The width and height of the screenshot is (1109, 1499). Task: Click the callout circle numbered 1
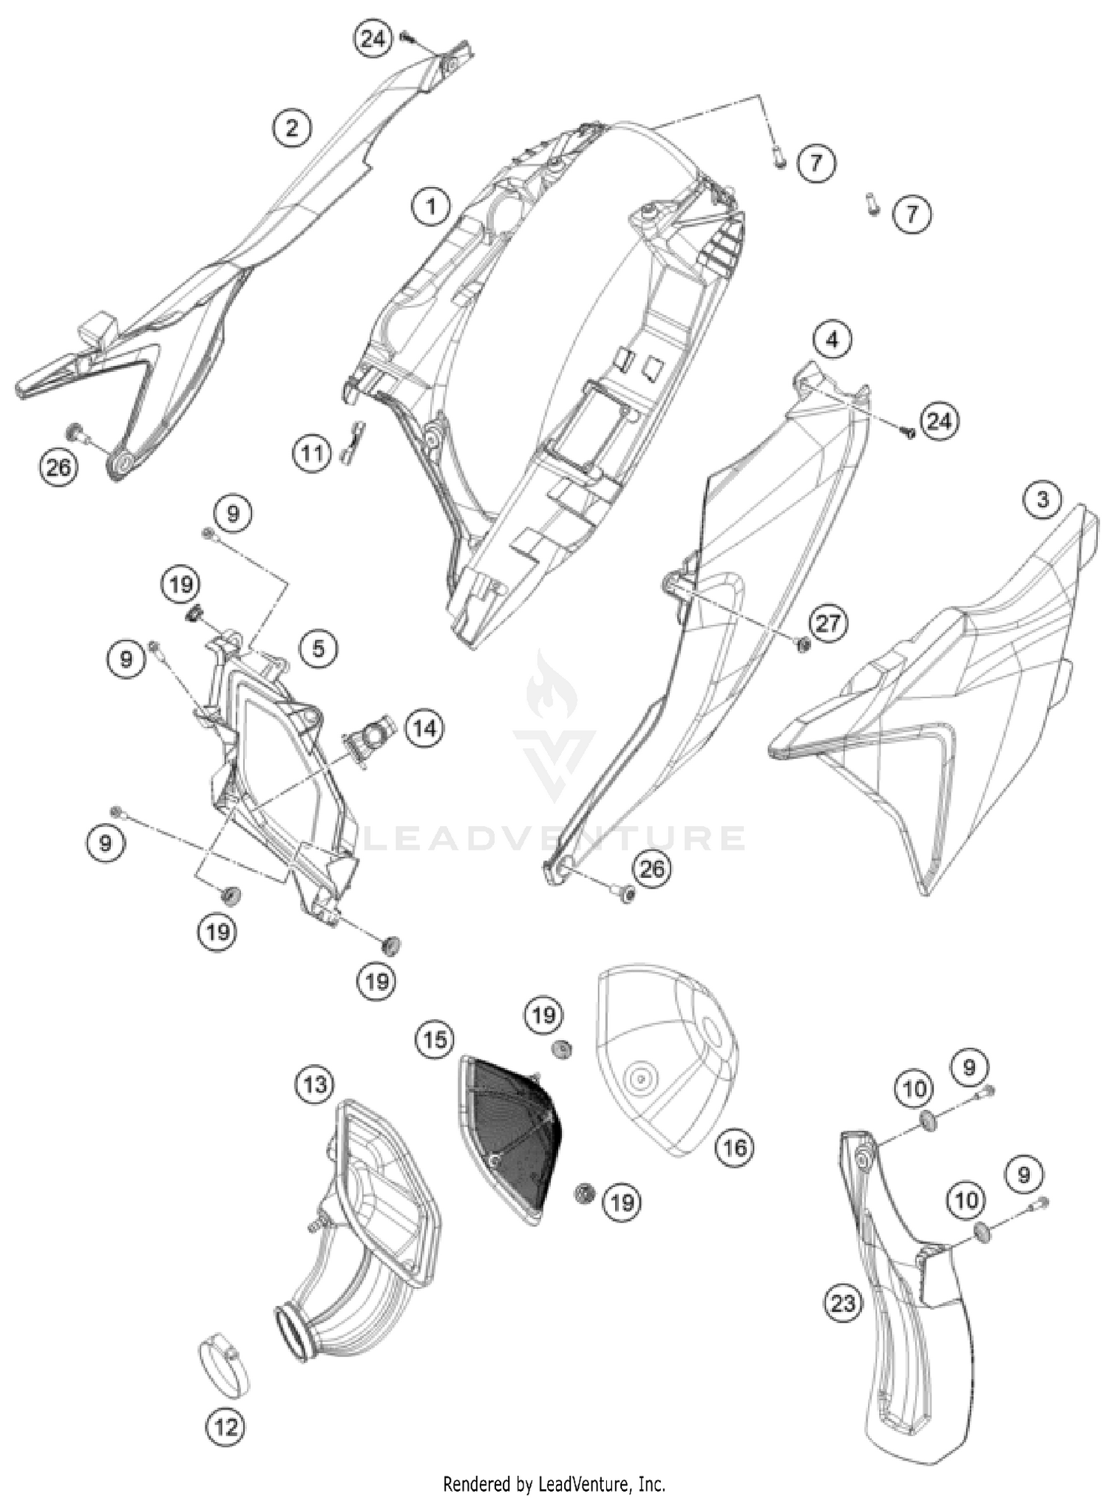coord(430,206)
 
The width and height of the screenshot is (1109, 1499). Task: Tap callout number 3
coord(1042,499)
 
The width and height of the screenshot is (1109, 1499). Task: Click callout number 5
coord(318,649)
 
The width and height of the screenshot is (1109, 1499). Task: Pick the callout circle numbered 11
coord(312,453)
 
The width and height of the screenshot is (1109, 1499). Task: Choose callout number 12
coord(225,1426)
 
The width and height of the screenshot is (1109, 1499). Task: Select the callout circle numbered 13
coord(314,1084)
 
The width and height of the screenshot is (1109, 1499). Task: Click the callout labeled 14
coord(424,728)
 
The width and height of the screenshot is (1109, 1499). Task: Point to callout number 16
coord(734,1147)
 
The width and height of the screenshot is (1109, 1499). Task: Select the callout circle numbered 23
coord(843,1302)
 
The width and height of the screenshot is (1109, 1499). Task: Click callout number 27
coord(828,623)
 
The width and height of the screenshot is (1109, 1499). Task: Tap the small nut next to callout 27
coord(801,646)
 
